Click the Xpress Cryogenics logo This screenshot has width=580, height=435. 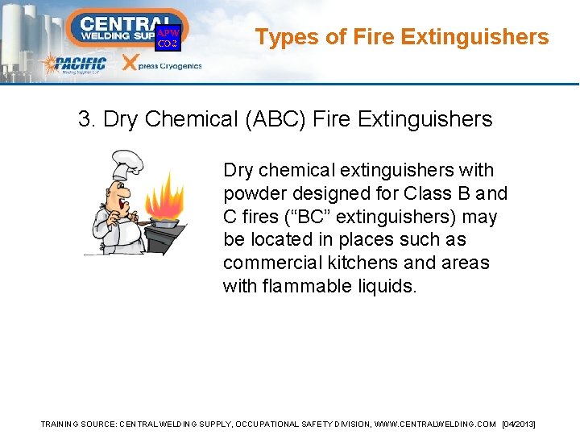[x=161, y=64]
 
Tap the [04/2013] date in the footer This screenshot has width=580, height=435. [x=518, y=424]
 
